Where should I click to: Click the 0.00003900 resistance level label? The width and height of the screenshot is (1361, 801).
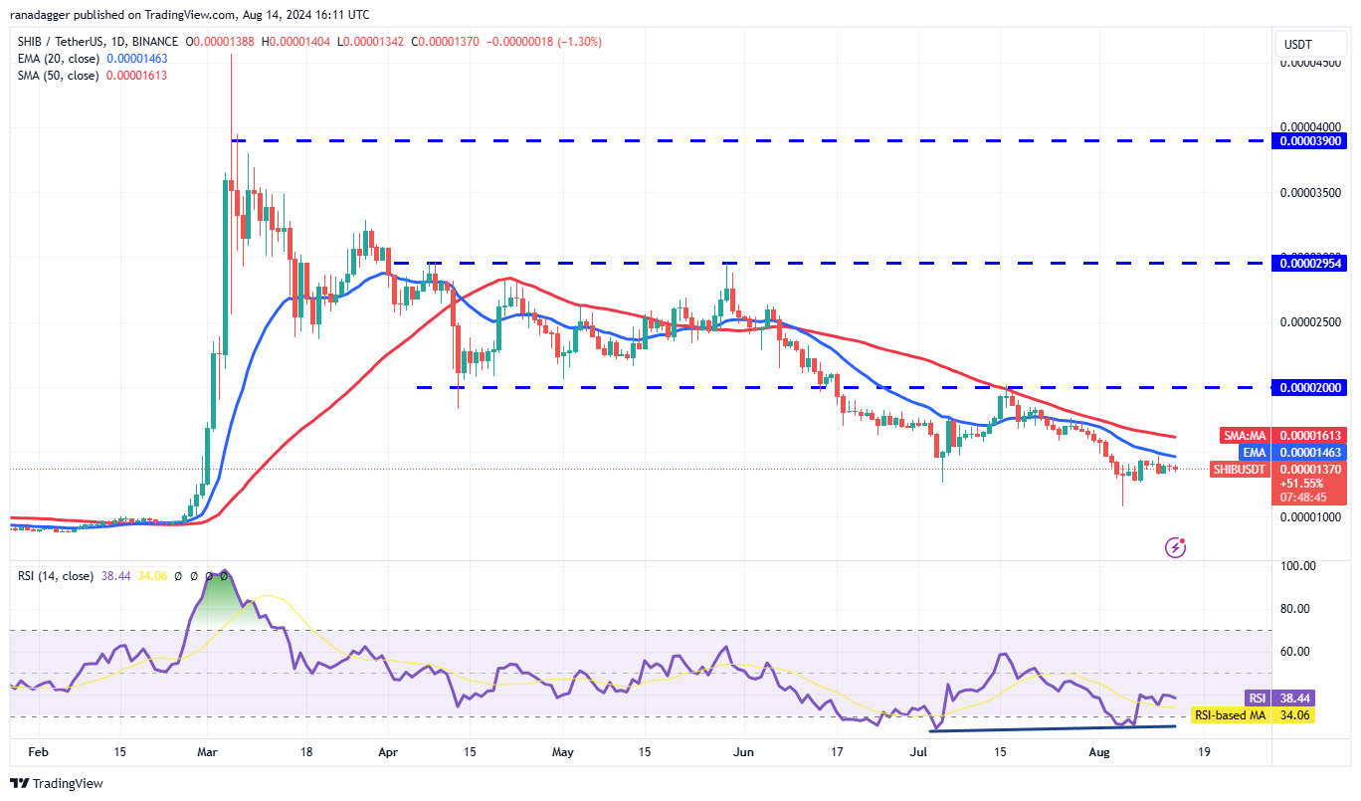(x=1312, y=141)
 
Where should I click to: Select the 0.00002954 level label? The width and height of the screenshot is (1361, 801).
(x=1312, y=264)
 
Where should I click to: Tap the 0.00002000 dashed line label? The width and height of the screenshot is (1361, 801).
(x=1312, y=387)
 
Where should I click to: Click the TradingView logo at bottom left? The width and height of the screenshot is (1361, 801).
(x=57, y=783)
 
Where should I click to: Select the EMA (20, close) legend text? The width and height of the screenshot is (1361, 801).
(x=57, y=59)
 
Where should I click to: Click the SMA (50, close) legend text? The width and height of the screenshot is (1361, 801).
(x=58, y=76)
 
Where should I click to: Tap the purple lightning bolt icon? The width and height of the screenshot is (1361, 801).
(x=1175, y=546)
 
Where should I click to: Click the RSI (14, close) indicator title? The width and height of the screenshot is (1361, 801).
(x=56, y=576)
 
